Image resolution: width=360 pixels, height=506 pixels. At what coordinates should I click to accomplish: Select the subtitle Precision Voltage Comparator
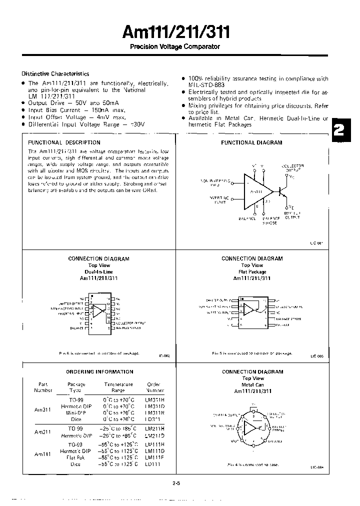pos(175,46)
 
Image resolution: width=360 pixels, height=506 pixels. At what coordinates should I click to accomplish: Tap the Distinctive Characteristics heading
pos(55,73)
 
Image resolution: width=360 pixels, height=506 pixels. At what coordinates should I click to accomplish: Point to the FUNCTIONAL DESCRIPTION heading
pos(64,142)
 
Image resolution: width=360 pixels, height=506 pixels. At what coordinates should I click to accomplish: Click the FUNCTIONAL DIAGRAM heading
pos(251,142)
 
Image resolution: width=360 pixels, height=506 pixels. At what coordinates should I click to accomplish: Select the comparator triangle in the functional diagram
pos(256,191)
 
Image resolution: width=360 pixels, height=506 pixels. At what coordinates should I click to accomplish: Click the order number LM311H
pos(153,400)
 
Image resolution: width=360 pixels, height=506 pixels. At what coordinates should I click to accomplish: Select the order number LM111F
pos(153,456)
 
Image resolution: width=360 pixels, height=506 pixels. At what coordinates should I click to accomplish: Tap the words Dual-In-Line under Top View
pos(99,272)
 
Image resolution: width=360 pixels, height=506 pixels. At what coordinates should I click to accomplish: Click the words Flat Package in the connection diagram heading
pos(252,272)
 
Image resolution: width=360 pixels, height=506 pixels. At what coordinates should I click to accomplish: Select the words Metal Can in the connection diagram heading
pos(252,385)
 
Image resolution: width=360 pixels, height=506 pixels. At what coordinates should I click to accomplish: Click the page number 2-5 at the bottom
pos(175,483)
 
